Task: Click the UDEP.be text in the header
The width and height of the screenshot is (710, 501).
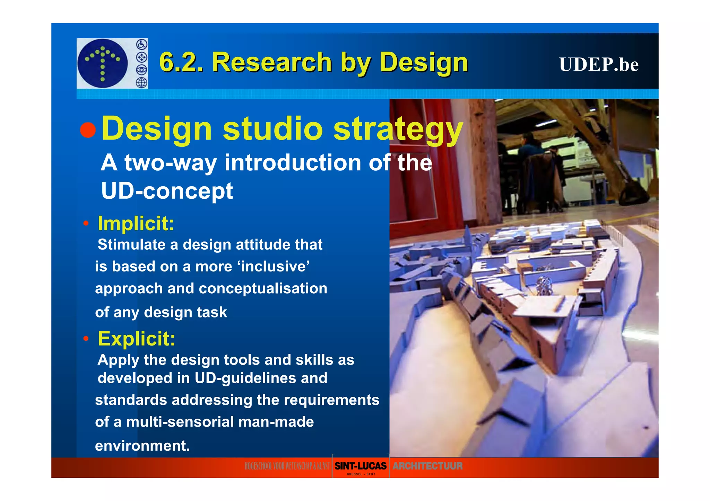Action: pos(599,65)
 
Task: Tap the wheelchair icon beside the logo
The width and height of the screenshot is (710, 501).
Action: pos(141,45)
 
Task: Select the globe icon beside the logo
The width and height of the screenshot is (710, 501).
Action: pos(141,82)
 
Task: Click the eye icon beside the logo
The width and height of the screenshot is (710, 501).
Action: pos(141,70)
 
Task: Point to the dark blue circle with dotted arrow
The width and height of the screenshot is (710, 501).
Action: pos(103,63)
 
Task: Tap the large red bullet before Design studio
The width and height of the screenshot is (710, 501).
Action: pos(88,130)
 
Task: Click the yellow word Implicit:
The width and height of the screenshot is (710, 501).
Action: pos(136,223)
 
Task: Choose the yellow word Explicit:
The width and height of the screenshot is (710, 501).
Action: pos(137,338)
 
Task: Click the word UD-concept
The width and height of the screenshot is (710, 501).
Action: pos(167,191)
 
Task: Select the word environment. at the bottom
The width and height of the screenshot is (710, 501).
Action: pos(142,446)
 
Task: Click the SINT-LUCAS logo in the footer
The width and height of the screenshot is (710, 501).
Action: pos(360,466)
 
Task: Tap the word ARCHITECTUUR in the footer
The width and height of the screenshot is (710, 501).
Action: pos(427,466)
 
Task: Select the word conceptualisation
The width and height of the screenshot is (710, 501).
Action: pos(263,289)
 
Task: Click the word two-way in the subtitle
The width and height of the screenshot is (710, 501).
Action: pos(171,162)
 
